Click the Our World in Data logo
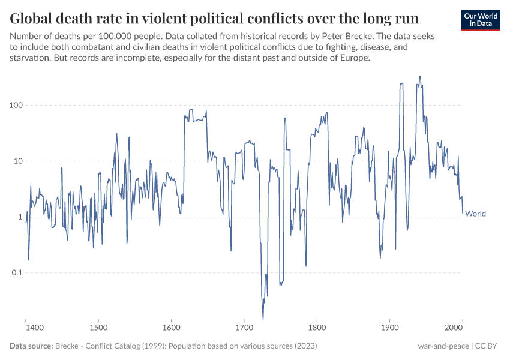[x=480, y=20]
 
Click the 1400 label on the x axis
[x=35, y=328]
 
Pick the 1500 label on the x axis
[x=99, y=328]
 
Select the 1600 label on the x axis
[x=172, y=328]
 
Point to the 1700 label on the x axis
[x=244, y=328]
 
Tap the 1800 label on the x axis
[x=317, y=328]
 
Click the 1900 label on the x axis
[x=390, y=328]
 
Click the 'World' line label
[x=475, y=214]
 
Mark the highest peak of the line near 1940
[x=419, y=76]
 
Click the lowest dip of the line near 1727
[x=263, y=319]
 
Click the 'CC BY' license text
[x=488, y=346]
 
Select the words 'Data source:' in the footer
[x=31, y=346]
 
